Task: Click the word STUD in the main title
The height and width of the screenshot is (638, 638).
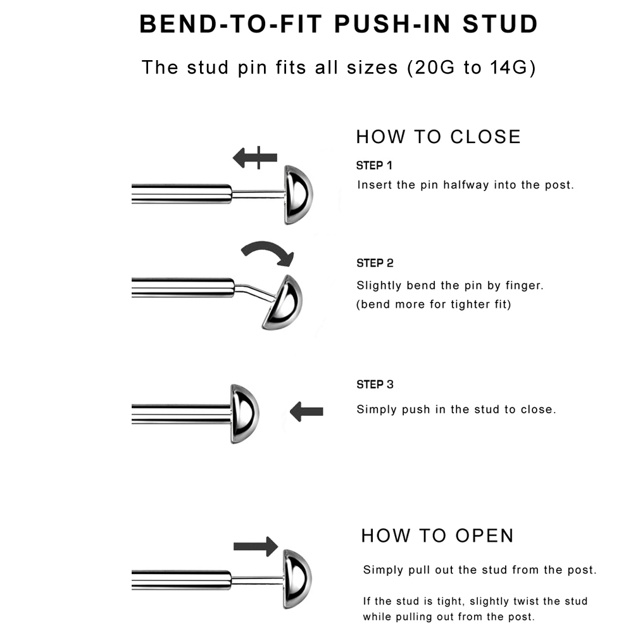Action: coord(500,23)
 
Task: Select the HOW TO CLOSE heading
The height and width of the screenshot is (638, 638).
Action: coord(438,137)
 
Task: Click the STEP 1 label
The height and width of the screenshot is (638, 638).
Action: coord(374,165)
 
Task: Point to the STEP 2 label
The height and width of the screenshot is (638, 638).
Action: coord(375,263)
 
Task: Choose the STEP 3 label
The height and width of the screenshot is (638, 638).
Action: coord(375,385)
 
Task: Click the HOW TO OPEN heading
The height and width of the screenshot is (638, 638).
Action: coord(437,535)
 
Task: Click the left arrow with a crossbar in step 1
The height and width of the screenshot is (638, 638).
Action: coord(254,158)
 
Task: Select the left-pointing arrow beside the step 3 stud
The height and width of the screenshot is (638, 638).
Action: coord(306,412)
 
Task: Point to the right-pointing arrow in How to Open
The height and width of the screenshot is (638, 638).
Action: coord(256,546)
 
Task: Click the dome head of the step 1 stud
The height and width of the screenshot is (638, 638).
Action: coord(298,195)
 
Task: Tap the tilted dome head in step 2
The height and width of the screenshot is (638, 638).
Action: coord(283,302)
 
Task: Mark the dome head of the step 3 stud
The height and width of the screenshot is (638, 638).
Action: coord(244,414)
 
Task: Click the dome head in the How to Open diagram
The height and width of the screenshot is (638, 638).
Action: coord(297,579)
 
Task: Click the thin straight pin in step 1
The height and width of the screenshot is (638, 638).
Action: coord(258,194)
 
